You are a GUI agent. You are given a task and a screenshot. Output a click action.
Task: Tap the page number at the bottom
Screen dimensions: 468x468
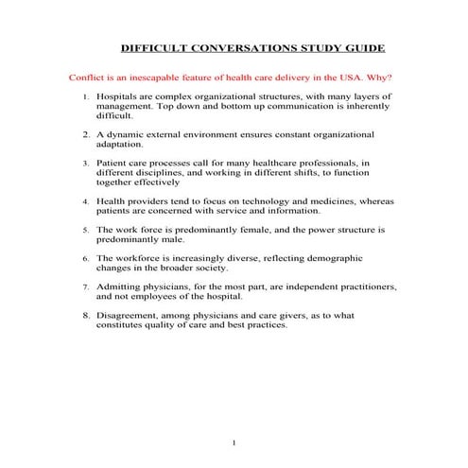(233, 442)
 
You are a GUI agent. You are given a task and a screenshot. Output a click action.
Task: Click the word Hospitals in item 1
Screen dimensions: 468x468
(120, 96)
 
